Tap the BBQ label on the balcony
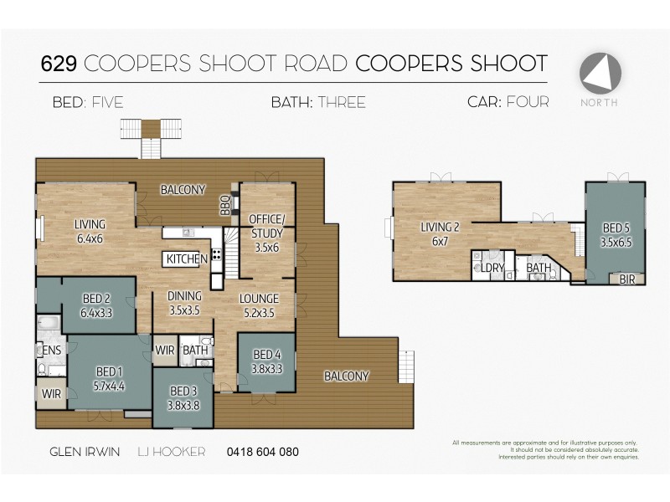coord(224,205)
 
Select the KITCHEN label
coord(187,259)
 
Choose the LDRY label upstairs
coord(491,268)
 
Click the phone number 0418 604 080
coord(262,453)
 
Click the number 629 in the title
coord(59,64)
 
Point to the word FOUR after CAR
coord(528,103)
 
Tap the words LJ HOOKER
coord(172,453)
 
